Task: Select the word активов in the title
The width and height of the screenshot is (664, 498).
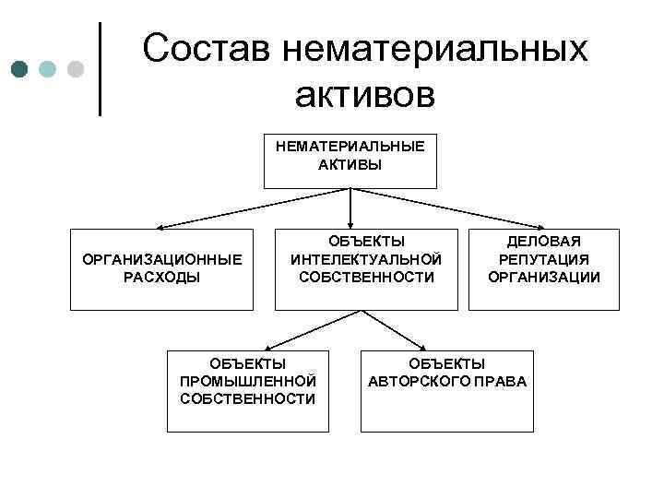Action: point(364,94)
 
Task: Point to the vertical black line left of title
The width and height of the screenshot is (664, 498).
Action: point(100,69)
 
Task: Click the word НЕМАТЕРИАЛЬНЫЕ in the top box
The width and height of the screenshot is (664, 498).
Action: point(350,147)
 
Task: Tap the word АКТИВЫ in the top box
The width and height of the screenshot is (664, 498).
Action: point(350,165)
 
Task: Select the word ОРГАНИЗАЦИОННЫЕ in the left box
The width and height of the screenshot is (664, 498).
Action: point(162,260)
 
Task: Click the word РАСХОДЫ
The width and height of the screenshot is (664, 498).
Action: point(162,278)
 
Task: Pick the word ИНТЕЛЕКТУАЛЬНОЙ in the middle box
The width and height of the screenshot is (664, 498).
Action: point(366,259)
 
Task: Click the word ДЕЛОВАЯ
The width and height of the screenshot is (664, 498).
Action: point(544,242)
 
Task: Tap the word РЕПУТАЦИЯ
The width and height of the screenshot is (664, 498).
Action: point(544,259)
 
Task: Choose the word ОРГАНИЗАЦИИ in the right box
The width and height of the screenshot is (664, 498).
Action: point(544,277)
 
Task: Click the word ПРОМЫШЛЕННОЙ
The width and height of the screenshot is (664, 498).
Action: point(248,381)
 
